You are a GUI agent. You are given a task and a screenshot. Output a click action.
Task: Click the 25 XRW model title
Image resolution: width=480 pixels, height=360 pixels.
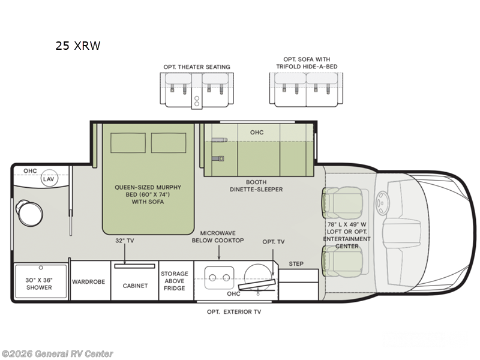click(78, 46)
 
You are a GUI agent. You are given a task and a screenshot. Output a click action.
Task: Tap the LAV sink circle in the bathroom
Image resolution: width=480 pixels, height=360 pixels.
click(49, 178)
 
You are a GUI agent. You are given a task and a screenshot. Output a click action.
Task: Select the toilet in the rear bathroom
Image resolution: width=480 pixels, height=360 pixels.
click(29, 212)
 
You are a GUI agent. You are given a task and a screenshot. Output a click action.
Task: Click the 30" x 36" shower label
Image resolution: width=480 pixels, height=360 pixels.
click(39, 283)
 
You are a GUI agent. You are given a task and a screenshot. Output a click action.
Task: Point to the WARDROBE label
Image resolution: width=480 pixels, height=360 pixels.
click(88, 281)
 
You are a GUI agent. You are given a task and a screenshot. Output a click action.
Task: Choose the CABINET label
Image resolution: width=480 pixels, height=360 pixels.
click(135, 286)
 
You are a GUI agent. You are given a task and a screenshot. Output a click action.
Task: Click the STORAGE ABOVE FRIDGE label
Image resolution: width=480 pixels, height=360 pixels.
click(175, 281)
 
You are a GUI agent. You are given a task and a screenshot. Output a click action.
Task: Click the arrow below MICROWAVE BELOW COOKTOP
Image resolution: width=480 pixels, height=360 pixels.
click(219, 252)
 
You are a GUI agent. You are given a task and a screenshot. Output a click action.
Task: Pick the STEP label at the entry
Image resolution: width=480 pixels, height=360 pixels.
click(296, 263)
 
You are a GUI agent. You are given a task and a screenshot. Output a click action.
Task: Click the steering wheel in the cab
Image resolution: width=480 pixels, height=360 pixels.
click(382, 203)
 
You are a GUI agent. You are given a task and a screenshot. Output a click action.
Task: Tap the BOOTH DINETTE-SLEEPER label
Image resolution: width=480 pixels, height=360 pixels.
click(256, 186)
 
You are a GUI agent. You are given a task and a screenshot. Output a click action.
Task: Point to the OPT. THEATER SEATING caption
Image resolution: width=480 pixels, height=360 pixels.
click(197, 67)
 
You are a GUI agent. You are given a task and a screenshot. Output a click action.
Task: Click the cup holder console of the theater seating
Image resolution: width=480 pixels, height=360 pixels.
click(197, 101)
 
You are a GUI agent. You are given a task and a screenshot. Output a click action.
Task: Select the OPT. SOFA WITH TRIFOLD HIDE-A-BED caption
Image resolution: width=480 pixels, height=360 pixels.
click(307, 63)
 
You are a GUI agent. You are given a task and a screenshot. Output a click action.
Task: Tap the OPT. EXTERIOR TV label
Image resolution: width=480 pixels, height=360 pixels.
click(234, 311)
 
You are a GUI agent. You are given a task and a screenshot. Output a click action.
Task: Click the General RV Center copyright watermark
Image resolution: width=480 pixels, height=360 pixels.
click(57, 353)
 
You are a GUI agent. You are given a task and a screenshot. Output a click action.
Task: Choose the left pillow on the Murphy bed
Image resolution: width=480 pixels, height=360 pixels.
click(128, 143)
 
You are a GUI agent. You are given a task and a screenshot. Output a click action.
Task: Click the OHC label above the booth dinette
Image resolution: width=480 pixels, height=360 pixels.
click(257, 132)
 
